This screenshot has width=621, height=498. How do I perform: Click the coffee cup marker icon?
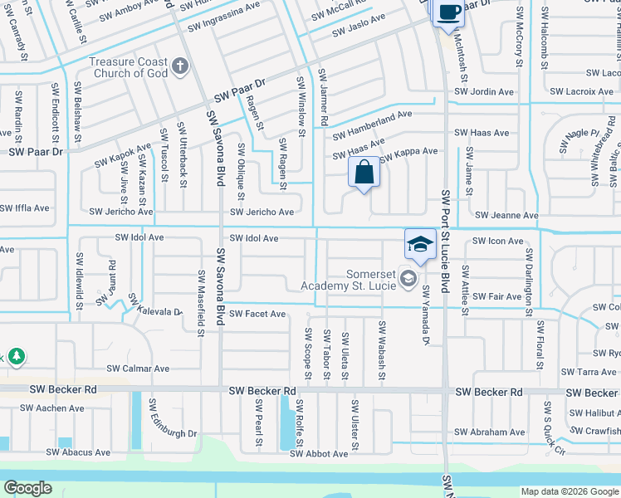448,13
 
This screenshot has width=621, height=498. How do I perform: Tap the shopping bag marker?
364,173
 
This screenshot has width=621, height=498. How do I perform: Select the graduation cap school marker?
420,245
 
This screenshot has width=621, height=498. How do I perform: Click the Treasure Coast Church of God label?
129,67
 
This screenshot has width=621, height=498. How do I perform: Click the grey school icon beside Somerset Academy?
408,278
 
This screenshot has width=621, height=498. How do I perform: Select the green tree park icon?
16,357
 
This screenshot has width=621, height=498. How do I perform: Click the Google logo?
27,487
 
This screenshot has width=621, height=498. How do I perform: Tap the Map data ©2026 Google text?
570,491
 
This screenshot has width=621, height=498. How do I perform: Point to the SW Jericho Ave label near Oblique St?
262,212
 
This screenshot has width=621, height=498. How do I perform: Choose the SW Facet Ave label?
257,314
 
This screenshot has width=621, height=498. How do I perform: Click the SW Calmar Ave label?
138,369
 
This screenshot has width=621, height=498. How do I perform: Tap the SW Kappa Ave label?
408,151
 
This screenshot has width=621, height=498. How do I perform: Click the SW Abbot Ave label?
319,454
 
